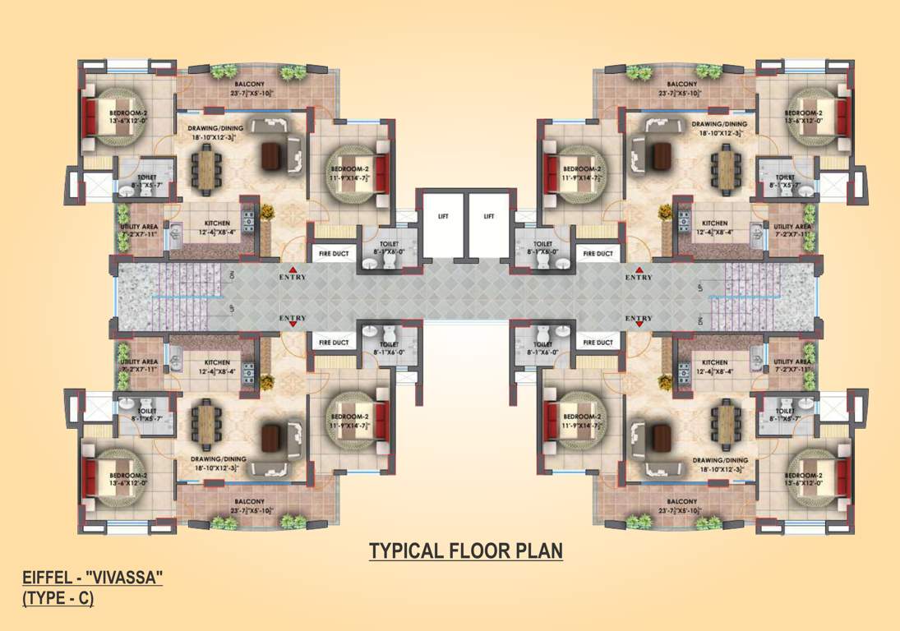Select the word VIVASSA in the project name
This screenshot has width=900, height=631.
pos(124,579)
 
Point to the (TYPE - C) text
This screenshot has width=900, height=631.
pos(58,599)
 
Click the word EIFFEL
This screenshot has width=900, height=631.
pos(47,579)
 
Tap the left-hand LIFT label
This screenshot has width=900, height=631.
pos(442,217)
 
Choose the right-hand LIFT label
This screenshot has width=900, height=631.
pos(489,217)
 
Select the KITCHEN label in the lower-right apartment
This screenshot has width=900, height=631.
pos(714,362)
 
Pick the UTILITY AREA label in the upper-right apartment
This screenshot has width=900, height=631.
pos(792,227)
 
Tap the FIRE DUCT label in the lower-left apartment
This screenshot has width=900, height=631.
pos(334,343)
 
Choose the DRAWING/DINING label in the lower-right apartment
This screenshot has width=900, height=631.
pos(720,460)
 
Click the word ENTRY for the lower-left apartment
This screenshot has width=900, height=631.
pos(293,318)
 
